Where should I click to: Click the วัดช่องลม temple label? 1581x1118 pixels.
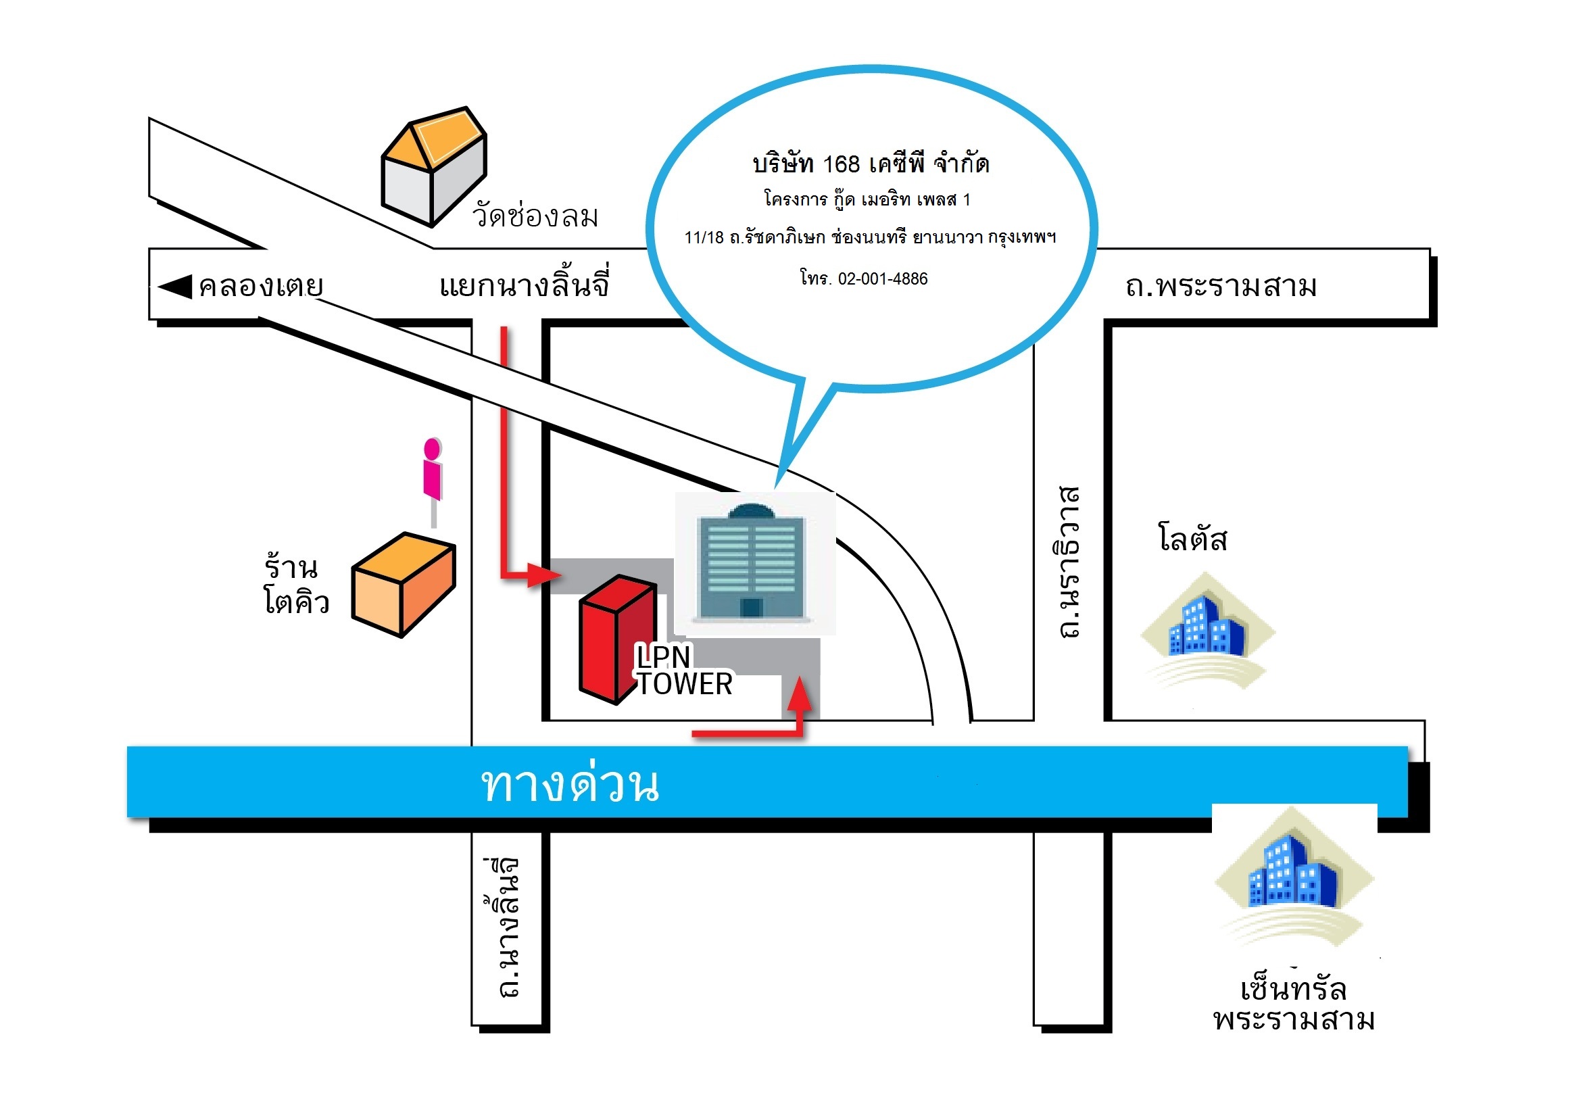(x=535, y=216)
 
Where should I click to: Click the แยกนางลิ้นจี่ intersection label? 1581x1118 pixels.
(x=524, y=285)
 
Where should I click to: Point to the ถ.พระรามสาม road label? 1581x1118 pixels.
(x=1220, y=287)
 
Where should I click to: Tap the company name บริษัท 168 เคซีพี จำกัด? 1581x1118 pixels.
(x=871, y=164)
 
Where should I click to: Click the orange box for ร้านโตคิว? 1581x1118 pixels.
(x=404, y=585)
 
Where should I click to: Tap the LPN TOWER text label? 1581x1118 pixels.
(x=683, y=671)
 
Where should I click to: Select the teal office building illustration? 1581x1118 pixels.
(x=752, y=562)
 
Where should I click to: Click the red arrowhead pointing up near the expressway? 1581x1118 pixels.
(x=800, y=695)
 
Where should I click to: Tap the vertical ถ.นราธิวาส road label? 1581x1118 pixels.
(x=1068, y=562)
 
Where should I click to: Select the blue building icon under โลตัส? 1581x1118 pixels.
(x=1208, y=627)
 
